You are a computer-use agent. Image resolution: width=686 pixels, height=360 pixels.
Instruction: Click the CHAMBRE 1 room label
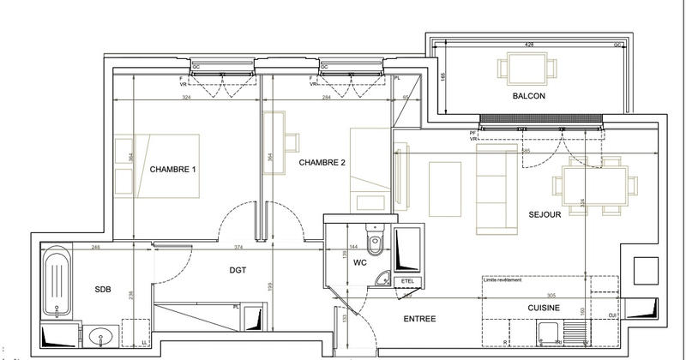click(173, 169)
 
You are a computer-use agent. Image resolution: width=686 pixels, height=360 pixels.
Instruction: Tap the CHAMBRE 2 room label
click(322, 162)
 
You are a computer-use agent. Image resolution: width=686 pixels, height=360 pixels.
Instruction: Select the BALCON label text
click(529, 96)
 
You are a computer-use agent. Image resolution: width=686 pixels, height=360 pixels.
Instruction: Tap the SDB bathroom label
click(104, 290)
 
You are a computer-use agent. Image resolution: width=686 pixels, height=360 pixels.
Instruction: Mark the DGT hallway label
click(238, 270)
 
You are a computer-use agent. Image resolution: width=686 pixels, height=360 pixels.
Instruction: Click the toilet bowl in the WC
click(374, 236)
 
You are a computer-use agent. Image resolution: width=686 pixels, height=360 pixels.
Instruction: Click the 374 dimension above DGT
click(241, 248)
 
